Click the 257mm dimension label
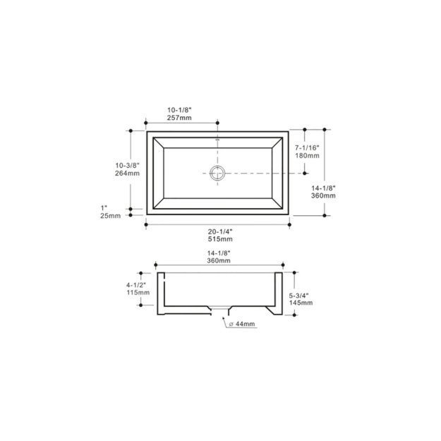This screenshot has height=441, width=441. pyautogui.click(x=179, y=118)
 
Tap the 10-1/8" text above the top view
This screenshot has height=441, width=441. pyautogui.click(x=179, y=109)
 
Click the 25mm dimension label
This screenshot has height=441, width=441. pyautogui.click(x=111, y=216)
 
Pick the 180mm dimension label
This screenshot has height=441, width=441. pyautogui.click(x=308, y=155)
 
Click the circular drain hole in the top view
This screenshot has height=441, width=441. pyautogui.click(x=218, y=172)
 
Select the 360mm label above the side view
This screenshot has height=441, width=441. pyautogui.click(x=219, y=260)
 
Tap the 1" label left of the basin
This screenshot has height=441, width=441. pyautogui.click(x=104, y=207)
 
